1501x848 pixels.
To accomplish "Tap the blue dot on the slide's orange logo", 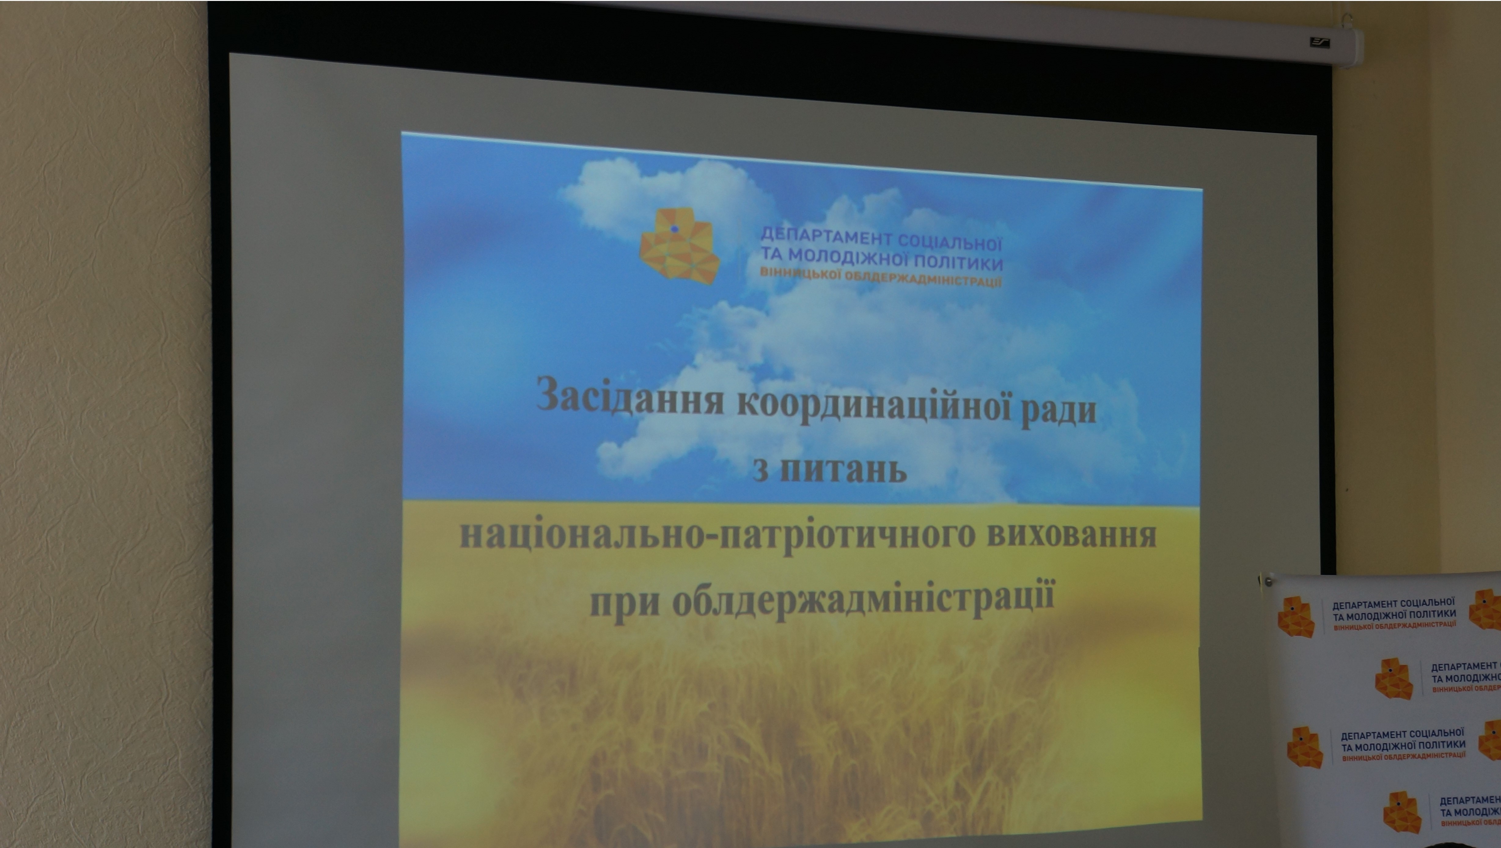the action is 674,229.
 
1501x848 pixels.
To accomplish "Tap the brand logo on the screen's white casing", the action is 1320,42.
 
